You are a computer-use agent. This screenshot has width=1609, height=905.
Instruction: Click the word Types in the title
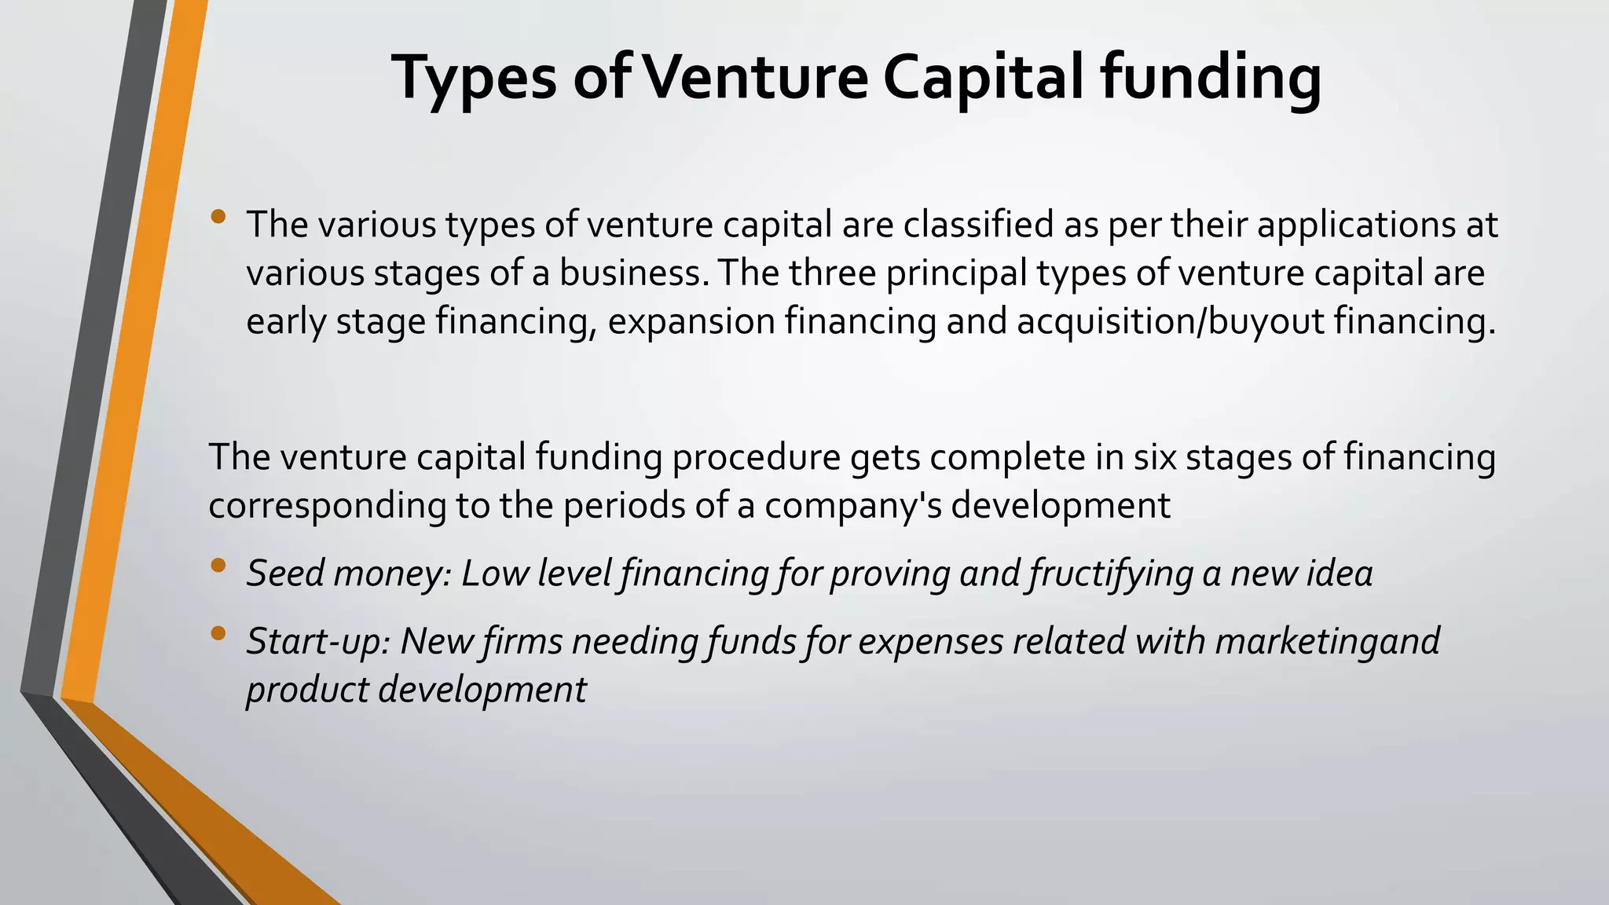tap(474, 78)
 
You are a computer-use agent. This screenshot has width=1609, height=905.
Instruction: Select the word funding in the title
tap(1210, 78)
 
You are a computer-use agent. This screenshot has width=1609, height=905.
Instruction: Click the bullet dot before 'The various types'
tap(218, 217)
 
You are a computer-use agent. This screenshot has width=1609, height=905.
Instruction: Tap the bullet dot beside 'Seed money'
tap(218, 566)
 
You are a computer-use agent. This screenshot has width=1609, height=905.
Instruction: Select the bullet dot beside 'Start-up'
tap(218, 633)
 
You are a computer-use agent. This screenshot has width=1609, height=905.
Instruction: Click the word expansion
tap(692, 322)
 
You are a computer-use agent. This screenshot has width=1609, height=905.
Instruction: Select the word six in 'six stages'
tap(1154, 457)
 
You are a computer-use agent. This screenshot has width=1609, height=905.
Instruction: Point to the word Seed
tap(286, 573)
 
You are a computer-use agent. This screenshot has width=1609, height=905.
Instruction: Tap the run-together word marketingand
tap(1327, 641)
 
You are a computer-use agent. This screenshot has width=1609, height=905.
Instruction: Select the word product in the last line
tap(307, 690)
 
